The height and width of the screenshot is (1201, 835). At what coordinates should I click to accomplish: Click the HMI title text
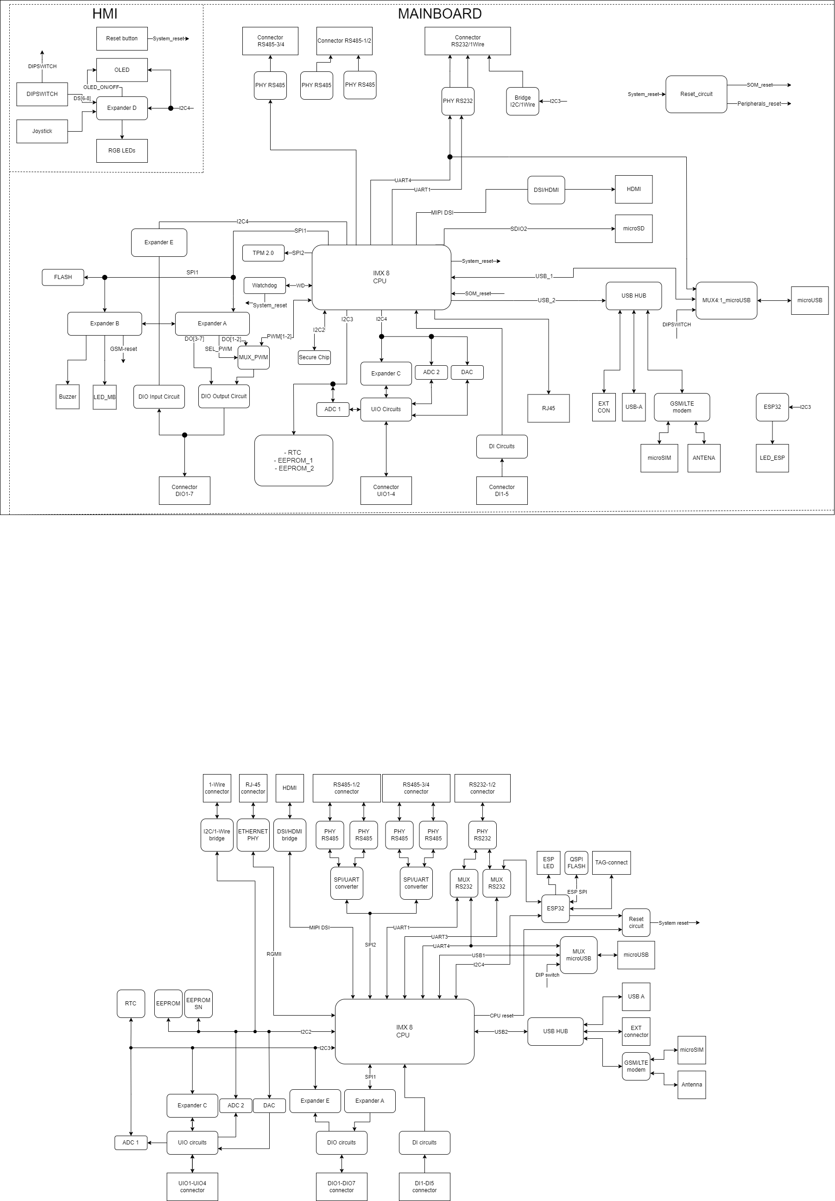[105, 14]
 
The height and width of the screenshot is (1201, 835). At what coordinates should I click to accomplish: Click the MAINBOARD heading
[440, 14]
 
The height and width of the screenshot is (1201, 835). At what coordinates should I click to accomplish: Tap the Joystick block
[42, 131]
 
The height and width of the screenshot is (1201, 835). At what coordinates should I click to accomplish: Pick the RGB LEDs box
[122, 151]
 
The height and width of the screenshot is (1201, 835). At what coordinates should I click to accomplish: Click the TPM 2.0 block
[263, 253]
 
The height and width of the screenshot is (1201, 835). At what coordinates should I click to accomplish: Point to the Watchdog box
[265, 286]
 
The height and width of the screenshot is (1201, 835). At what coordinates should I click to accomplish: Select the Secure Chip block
[314, 358]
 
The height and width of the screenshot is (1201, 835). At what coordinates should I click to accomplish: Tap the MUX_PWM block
[253, 358]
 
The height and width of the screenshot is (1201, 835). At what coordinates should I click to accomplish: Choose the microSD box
[634, 229]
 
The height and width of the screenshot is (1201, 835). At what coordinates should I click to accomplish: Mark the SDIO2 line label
[519, 229]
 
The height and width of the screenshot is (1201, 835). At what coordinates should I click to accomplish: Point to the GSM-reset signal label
[123, 349]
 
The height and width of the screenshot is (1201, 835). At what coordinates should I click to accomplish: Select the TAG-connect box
[611, 863]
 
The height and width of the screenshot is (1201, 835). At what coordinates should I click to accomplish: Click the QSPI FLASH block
[576, 863]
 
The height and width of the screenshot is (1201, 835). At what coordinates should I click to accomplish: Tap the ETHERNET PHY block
[253, 835]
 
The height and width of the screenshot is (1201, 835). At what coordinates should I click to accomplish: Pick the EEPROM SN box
[198, 1003]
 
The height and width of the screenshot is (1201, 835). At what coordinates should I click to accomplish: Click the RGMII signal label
[274, 954]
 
